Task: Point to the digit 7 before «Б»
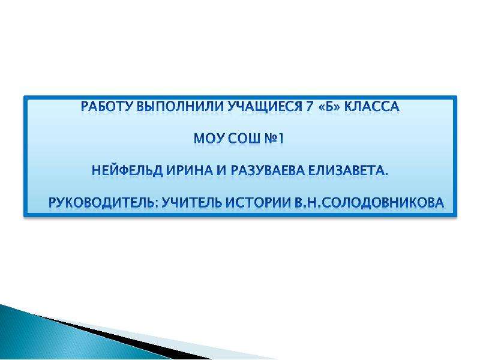click(310, 107)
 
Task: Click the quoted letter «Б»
click(329, 107)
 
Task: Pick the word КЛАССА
click(372, 107)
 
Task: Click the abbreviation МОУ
click(209, 139)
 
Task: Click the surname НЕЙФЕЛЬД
click(127, 170)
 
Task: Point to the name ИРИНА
click(190, 170)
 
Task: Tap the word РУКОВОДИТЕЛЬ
click(103, 203)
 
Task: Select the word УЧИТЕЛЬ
click(191, 203)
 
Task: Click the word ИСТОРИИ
click(259, 203)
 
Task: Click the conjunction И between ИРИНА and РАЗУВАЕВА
click(221, 170)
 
